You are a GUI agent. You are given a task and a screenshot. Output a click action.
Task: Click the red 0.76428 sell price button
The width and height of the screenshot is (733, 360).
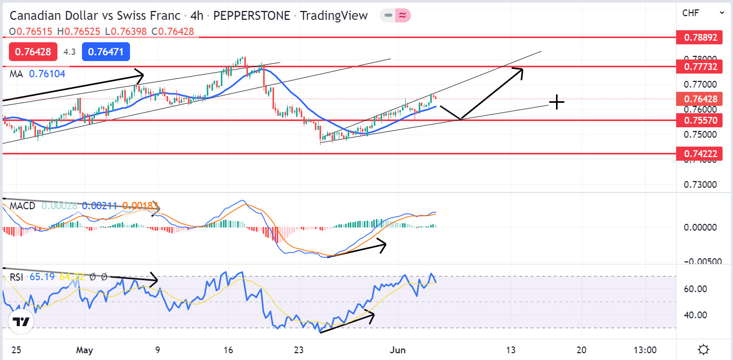click(x=33, y=52)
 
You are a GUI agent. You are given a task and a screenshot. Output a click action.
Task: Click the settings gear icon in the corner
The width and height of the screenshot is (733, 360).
click(x=703, y=349)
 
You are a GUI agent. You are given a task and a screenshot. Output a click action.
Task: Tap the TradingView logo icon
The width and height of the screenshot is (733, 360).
click(x=21, y=322)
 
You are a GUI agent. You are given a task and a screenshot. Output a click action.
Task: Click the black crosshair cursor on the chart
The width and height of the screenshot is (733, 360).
click(x=557, y=102)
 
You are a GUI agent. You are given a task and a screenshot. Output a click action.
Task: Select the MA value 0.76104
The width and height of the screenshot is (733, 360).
click(x=47, y=74)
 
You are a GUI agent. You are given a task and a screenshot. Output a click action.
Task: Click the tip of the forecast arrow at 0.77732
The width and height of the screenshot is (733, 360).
click(x=523, y=68)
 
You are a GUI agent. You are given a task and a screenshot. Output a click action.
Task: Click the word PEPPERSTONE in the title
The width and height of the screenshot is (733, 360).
click(x=252, y=16)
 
